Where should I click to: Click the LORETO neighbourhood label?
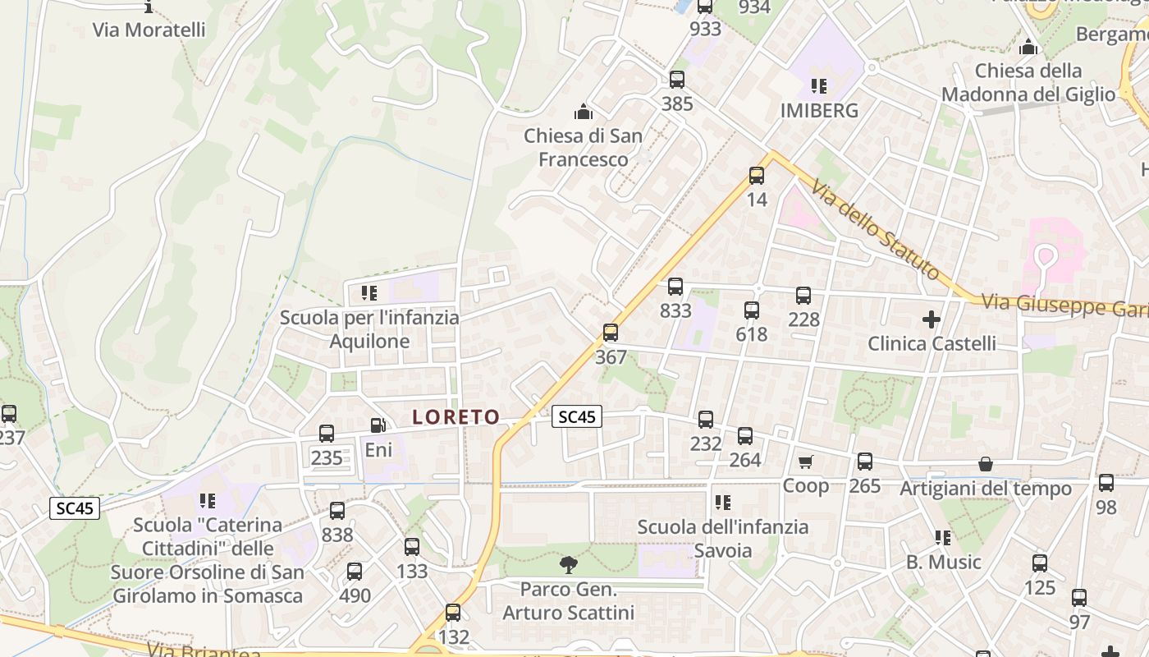point(455,417)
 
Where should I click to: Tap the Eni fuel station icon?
point(378,425)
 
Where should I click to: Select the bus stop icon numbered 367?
point(610,333)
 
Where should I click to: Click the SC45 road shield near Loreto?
point(577,417)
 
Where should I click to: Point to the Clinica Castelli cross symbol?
point(931,319)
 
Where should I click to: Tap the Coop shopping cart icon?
point(805,462)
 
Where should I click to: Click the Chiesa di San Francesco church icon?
point(584,111)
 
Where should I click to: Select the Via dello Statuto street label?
point(876,231)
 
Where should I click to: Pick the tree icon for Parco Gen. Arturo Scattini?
point(567,565)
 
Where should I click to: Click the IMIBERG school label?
point(819,110)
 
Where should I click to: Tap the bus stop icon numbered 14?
point(756,176)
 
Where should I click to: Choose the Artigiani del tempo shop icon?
point(985,465)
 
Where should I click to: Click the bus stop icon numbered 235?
point(326,434)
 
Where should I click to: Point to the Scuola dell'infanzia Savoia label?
point(722,538)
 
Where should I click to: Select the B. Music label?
point(943,563)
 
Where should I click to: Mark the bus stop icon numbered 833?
point(675,287)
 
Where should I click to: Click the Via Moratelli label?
point(149,30)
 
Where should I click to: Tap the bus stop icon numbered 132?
point(452,613)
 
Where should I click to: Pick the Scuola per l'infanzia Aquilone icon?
point(369,293)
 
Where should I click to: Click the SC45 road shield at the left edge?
point(75,508)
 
